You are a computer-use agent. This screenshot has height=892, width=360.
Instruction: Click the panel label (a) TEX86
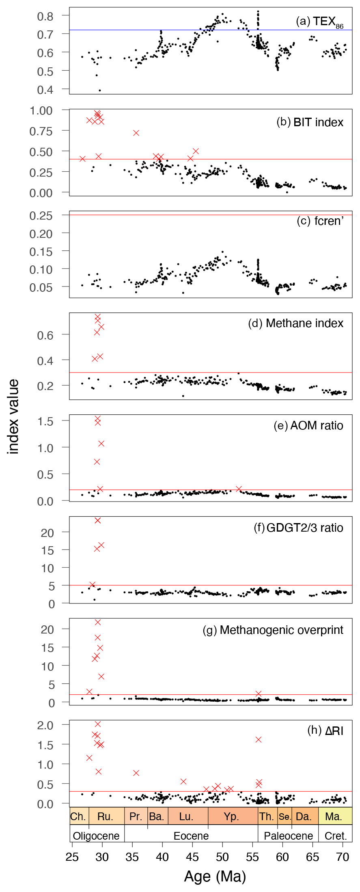point(319,22)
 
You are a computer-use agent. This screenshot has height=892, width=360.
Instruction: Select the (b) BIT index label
point(310,122)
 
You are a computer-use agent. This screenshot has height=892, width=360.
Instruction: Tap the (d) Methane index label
point(295,323)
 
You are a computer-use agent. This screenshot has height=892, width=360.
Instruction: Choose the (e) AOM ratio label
point(308,425)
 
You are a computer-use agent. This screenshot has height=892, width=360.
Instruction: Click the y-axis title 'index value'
point(13,416)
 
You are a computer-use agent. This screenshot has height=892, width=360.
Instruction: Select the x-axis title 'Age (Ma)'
point(215,877)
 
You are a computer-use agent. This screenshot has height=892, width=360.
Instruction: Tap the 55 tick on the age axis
point(252,857)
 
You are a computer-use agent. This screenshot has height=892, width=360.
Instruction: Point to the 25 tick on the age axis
point(72,857)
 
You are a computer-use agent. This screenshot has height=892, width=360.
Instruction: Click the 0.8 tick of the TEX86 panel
point(45,16)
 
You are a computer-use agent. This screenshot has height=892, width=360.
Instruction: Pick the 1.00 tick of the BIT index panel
point(41,110)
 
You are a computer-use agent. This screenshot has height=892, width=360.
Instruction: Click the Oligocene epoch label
point(96,836)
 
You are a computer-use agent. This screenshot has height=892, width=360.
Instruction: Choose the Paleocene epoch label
point(288,836)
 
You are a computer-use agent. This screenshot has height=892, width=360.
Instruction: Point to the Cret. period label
point(336,836)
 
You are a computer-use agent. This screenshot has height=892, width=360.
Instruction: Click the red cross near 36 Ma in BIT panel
point(136,133)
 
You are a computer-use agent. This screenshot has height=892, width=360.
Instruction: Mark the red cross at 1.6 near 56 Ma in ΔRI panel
point(259,739)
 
